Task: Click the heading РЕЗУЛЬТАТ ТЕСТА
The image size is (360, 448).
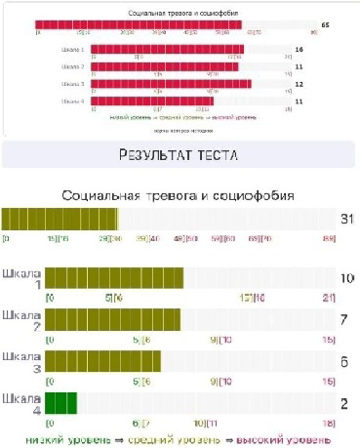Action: click(x=179, y=155)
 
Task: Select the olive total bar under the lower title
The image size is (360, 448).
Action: click(x=60, y=220)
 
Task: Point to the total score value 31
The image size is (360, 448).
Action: click(x=345, y=220)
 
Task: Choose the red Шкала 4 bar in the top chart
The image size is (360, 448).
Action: click(x=152, y=101)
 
